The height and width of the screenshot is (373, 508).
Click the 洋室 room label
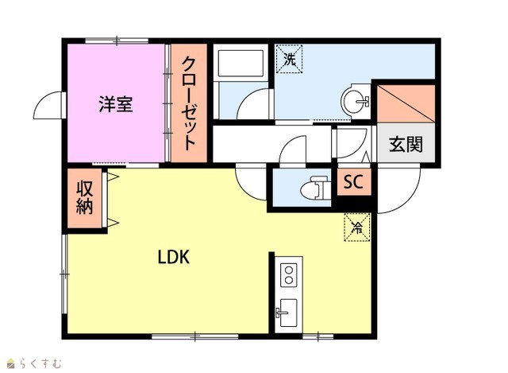(116, 104)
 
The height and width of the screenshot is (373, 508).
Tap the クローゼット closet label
(189, 103)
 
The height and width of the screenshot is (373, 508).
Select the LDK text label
(173, 257)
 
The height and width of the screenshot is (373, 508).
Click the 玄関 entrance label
(406, 144)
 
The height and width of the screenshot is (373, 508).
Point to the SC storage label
(353, 182)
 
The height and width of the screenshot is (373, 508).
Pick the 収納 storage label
(85, 197)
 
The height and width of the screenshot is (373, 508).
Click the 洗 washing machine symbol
(289, 59)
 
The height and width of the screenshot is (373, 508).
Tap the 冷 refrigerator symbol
(357, 227)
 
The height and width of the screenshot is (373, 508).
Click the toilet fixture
(315, 188)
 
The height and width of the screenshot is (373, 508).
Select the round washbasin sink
(356, 101)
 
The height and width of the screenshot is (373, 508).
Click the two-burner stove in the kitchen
(288, 275)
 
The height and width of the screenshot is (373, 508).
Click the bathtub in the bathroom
(241, 63)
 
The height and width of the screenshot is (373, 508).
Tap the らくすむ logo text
(40, 363)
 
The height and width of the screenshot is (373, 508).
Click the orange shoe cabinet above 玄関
(406, 104)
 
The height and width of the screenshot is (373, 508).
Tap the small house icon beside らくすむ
(11, 363)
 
